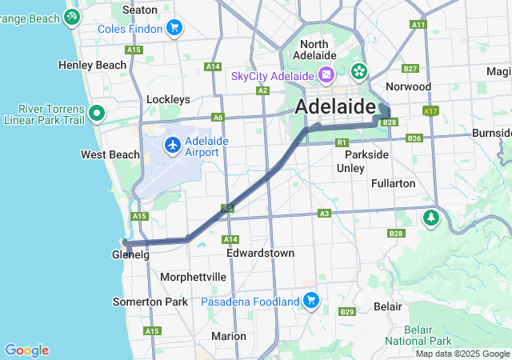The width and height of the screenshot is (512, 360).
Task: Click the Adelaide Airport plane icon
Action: [173, 145]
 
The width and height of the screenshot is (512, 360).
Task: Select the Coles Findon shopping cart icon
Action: [174, 29]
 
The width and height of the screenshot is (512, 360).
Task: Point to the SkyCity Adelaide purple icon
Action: [326, 75]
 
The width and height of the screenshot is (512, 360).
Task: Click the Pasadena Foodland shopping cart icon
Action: [311, 302]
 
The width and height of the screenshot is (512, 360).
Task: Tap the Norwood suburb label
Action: [408, 86]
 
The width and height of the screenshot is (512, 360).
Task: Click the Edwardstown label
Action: [260, 253]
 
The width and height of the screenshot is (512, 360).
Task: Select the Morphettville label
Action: [193, 277]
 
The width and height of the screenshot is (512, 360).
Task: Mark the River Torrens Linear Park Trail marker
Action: [97, 113]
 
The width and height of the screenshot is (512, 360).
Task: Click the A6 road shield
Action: [218, 117]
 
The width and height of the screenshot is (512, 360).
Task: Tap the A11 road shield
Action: [418, 25]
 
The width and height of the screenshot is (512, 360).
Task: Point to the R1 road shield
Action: [342, 142]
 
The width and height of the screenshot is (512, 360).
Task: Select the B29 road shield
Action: [346, 311]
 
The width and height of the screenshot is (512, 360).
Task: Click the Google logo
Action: [26, 350]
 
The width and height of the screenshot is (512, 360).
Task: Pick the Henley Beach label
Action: [92, 65]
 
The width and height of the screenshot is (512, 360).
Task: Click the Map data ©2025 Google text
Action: [462, 354]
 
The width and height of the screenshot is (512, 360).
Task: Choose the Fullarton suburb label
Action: [394, 183]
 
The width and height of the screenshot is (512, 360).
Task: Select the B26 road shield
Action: [414, 138]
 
